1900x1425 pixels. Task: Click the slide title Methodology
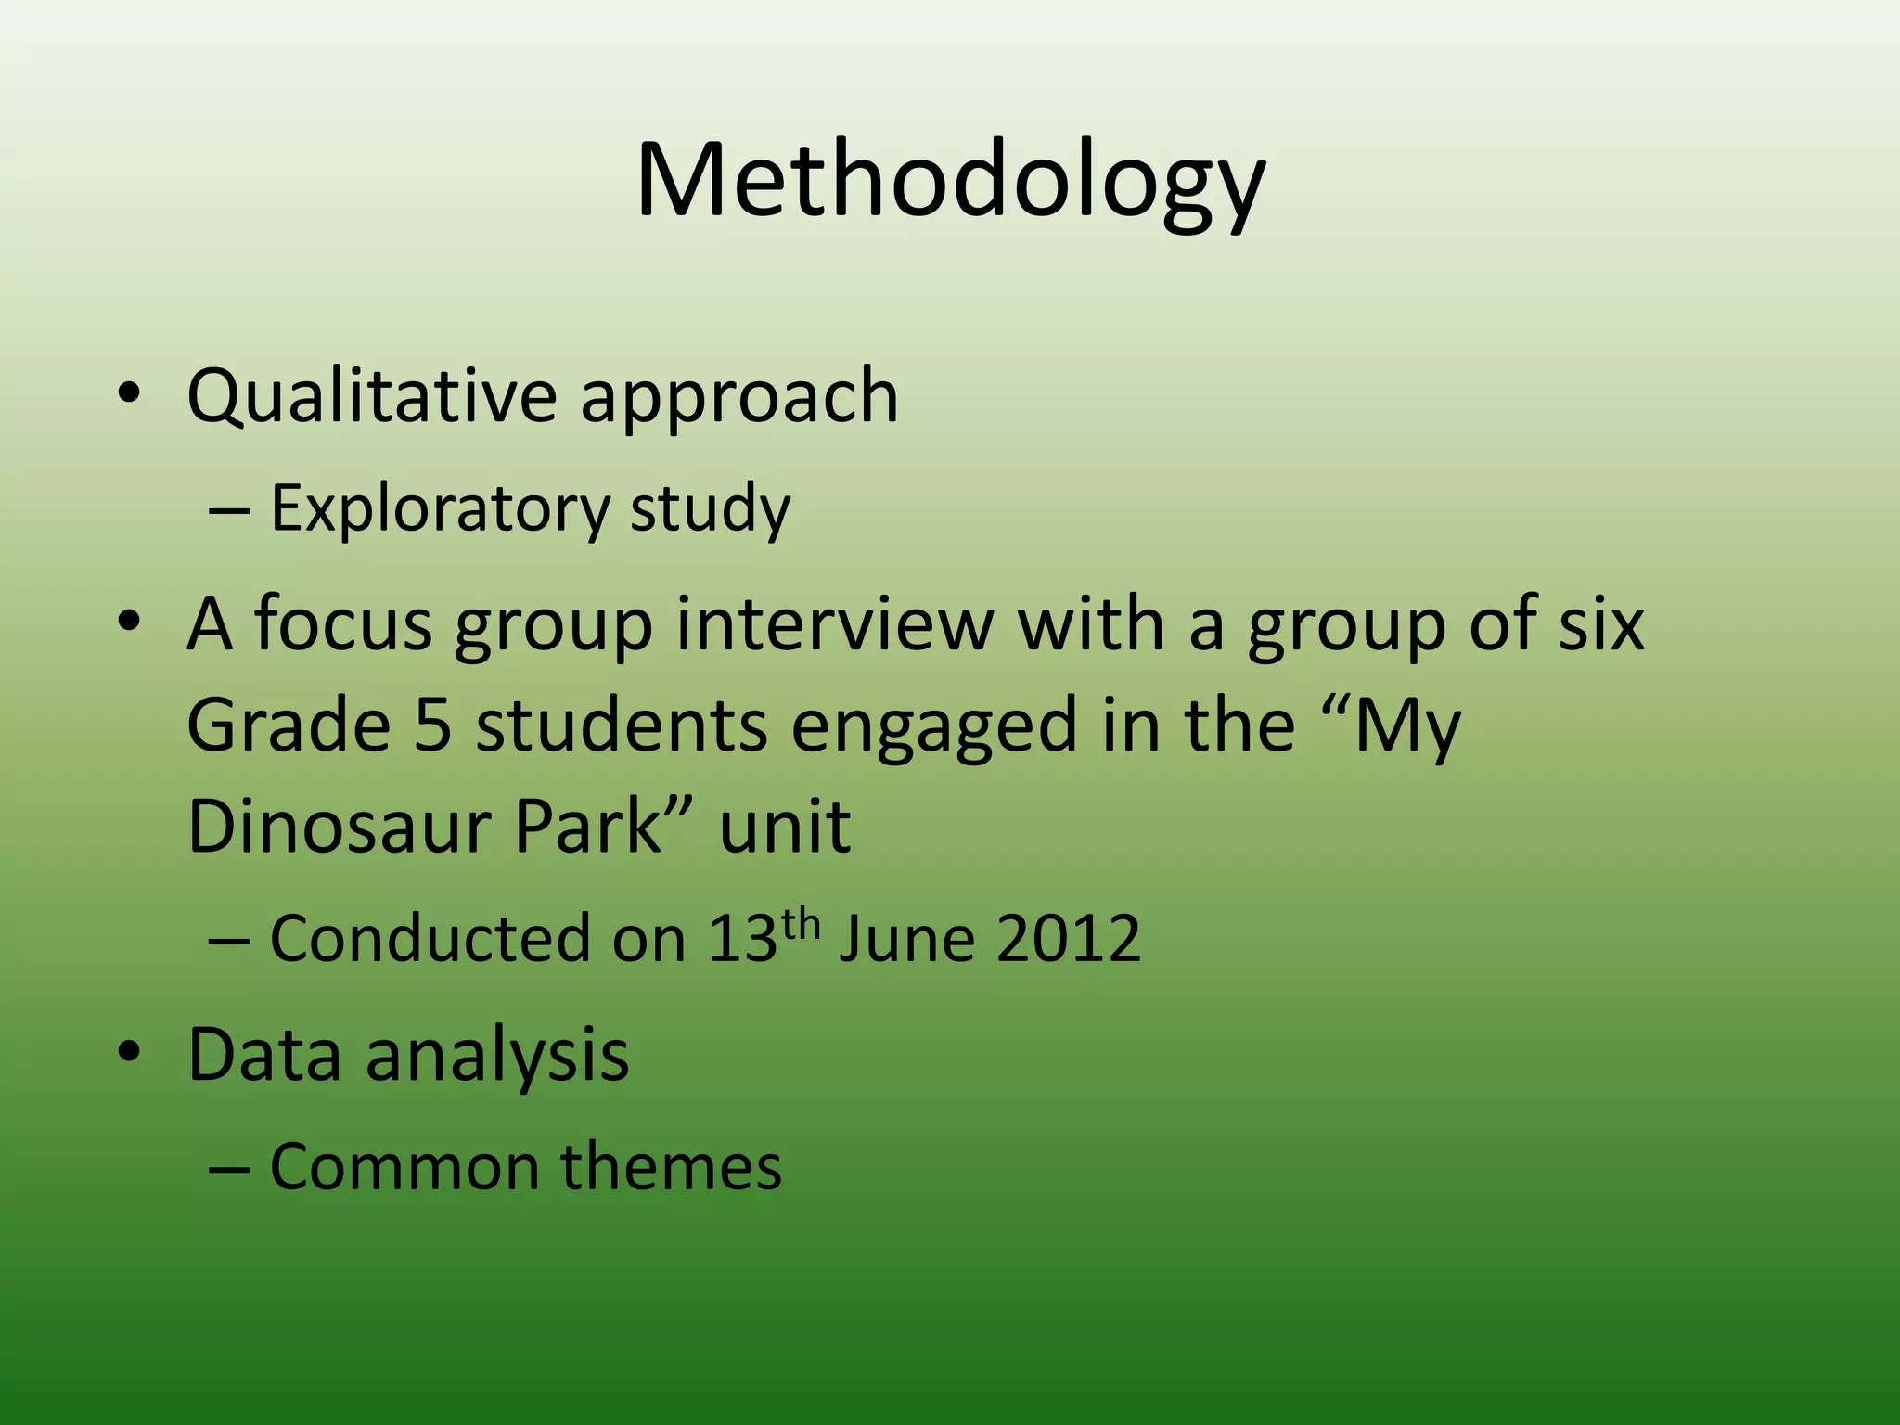tap(950, 181)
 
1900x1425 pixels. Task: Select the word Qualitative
tap(371, 397)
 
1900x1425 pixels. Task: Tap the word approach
tap(739, 399)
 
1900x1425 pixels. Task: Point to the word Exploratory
tap(440, 510)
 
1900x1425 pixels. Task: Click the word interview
tap(835, 623)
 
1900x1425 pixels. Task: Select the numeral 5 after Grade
tap(432, 725)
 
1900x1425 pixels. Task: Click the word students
tap(622, 725)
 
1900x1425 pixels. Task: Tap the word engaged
tap(934, 728)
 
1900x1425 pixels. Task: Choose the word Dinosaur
tap(339, 826)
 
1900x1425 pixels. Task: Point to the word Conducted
tap(430, 939)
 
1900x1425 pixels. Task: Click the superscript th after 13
tap(801, 925)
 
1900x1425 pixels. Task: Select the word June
tap(906, 939)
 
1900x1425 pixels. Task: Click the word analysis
tap(497, 1056)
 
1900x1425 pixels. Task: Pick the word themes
tap(671, 1167)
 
